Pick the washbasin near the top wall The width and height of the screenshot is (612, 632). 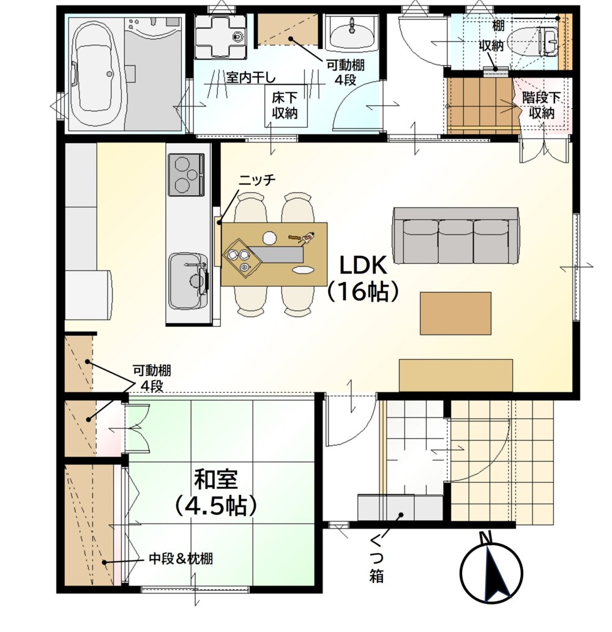coord(353,34)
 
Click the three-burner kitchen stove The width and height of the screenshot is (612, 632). coord(186,174)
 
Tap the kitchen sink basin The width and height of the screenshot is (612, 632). coord(188,281)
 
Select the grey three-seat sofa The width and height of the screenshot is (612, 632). coord(456,236)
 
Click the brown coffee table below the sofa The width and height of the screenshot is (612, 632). coord(455,313)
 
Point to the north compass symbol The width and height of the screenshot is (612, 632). coord(491,568)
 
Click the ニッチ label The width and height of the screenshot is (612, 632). coord(257,180)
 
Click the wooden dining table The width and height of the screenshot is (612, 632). coord(274,254)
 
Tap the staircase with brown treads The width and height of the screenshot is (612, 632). coord(480,105)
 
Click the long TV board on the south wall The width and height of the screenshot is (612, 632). coord(456,375)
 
